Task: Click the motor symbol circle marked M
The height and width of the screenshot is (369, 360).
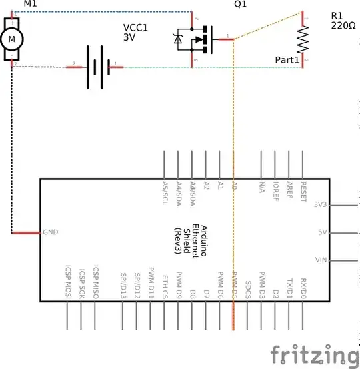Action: point(11,39)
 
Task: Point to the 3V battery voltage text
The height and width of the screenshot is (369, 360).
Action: point(129,38)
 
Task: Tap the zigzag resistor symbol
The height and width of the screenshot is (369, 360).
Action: point(303,39)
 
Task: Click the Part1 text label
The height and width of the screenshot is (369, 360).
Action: point(289,59)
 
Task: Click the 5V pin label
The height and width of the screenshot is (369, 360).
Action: point(322,233)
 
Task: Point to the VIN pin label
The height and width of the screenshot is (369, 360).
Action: point(321,260)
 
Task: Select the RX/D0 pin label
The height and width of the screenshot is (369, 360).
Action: point(303,287)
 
